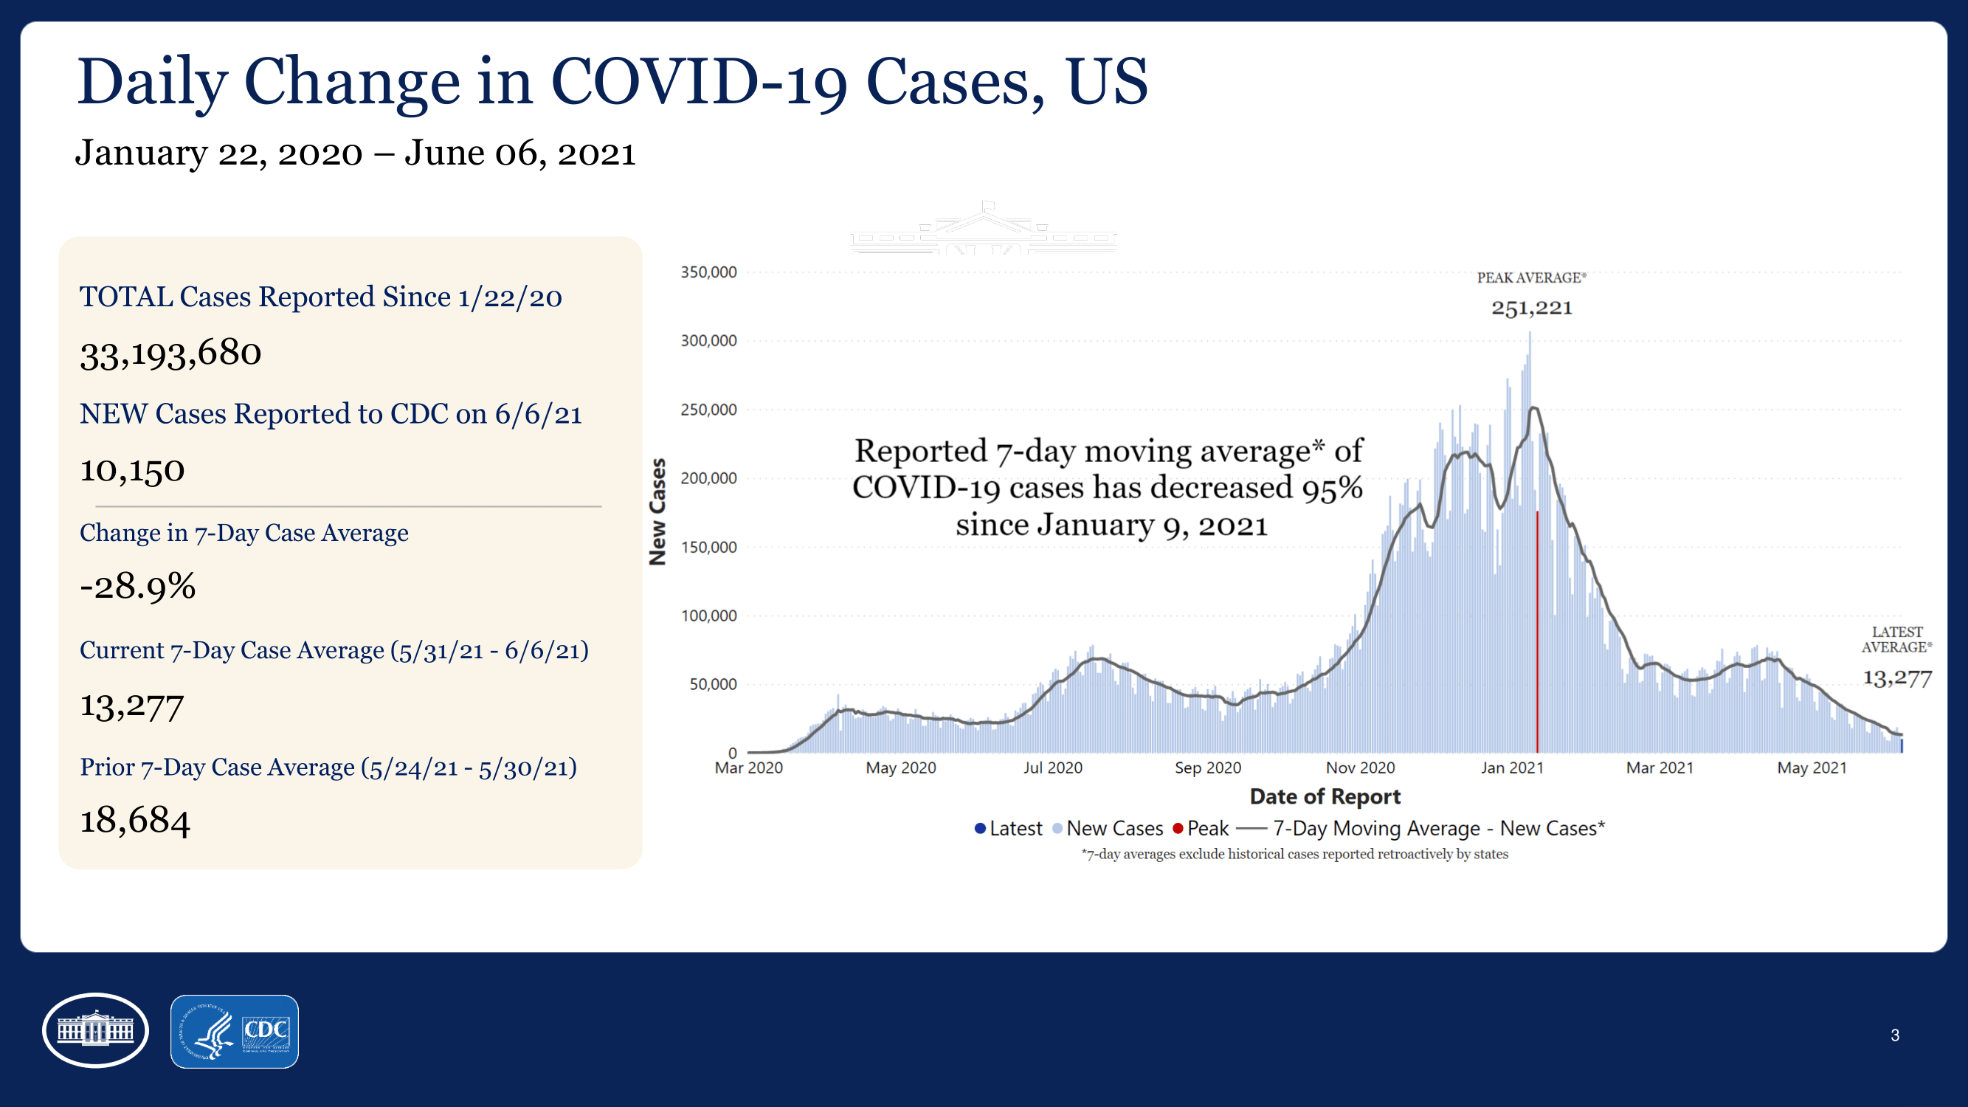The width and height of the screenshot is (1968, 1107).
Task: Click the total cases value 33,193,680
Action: [x=170, y=354]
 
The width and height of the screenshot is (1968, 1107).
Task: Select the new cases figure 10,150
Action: [x=132, y=470]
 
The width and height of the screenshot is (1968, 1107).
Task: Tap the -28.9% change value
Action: [x=137, y=587]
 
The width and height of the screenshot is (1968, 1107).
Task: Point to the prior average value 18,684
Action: [x=135, y=821]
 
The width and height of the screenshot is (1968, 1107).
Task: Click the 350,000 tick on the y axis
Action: [x=708, y=273]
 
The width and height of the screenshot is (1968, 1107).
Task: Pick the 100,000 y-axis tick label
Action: [x=708, y=615]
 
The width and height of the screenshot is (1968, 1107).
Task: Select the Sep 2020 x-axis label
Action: [x=1207, y=768]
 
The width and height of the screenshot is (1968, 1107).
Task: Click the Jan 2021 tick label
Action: [x=1512, y=768]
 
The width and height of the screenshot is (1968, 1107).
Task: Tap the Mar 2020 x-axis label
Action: [x=748, y=768]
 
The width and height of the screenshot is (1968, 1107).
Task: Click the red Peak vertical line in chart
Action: [x=1537, y=634]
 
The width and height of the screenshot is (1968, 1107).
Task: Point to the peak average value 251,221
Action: [x=1532, y=308]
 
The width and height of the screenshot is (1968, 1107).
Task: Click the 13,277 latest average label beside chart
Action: [x=1897, y=678]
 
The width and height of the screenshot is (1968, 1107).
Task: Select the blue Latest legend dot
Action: [x=980, y=829]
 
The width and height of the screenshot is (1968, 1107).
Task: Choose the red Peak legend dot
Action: [x=1178, y=829]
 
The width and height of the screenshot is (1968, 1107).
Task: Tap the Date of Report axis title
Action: [x=1325, y=797]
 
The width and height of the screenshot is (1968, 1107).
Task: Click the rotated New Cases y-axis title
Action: [x=657, y=512]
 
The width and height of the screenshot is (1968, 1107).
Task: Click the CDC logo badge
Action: [x=235, y=1032]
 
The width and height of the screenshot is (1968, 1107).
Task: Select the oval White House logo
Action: [x=95, y=1030]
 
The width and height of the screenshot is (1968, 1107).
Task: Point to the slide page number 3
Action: [x=1895, y=1035]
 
